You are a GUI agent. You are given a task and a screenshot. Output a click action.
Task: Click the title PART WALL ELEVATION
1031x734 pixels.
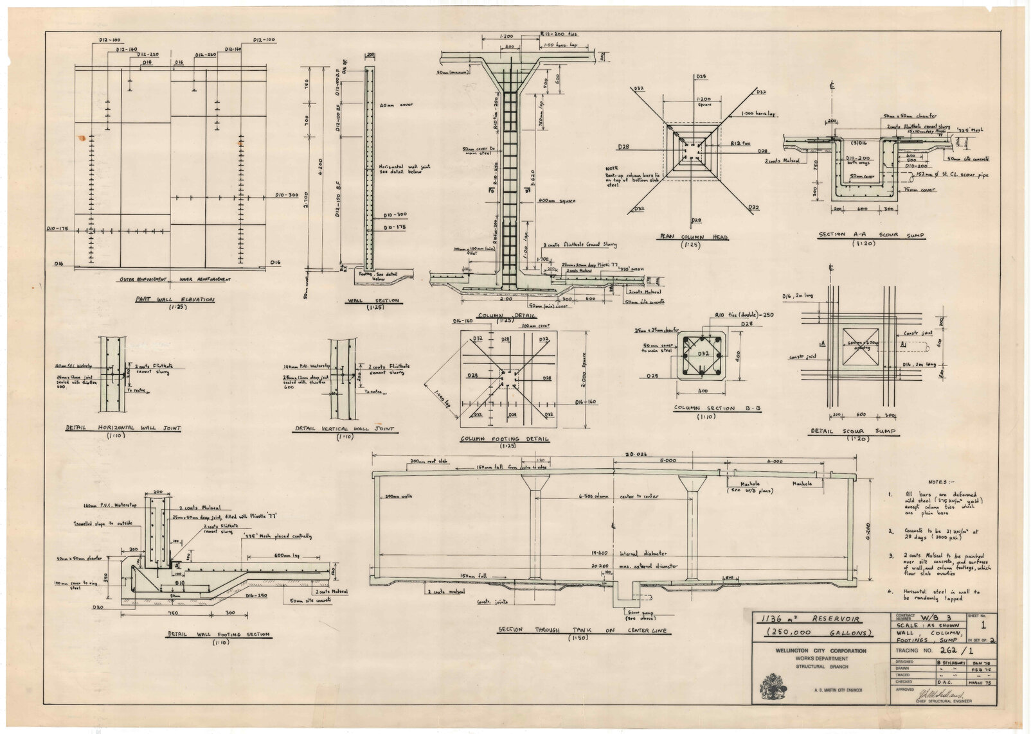pyautogui.click(x=174, y=299)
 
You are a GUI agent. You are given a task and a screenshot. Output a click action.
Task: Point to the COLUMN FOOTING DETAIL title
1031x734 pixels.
pyautogui.click(x=505, y=439)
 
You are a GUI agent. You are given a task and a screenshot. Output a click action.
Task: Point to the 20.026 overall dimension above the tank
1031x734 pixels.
pyautogui.click(x=615, y=455)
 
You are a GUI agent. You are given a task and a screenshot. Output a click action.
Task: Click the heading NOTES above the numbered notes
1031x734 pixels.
pyautogui.click(x=942, y=481)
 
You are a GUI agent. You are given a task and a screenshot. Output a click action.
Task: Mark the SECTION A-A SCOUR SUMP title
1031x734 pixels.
pyautogui.click(x=872, y=236)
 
